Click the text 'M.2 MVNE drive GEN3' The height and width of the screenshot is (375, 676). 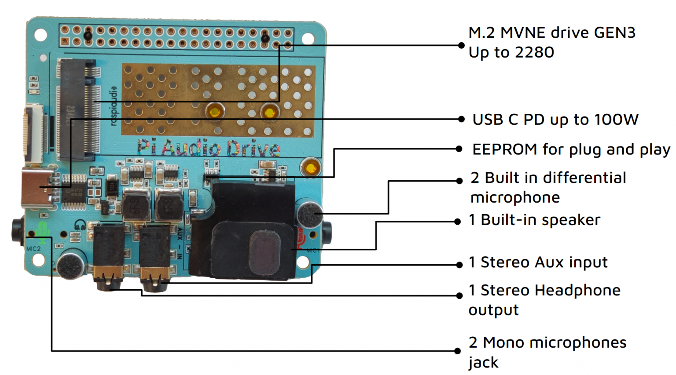(x=551, y=33)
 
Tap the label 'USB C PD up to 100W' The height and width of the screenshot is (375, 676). (x=555, y=120)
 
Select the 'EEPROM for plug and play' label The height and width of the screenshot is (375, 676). (x=571, y=149)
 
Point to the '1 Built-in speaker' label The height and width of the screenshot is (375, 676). (x=534, y=220)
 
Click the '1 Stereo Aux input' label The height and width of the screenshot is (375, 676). (x=538, y=262)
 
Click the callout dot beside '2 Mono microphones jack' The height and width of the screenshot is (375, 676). (x=458, y=351)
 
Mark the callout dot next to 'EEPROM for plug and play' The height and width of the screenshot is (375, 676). (x=459, y=149)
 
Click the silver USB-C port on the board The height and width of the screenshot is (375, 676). (x=37, y=189)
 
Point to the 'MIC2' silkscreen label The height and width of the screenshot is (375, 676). (x=33, y=249)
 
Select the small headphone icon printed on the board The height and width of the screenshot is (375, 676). (x=80, y=226)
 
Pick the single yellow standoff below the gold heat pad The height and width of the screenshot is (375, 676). (x=311, y=168)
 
